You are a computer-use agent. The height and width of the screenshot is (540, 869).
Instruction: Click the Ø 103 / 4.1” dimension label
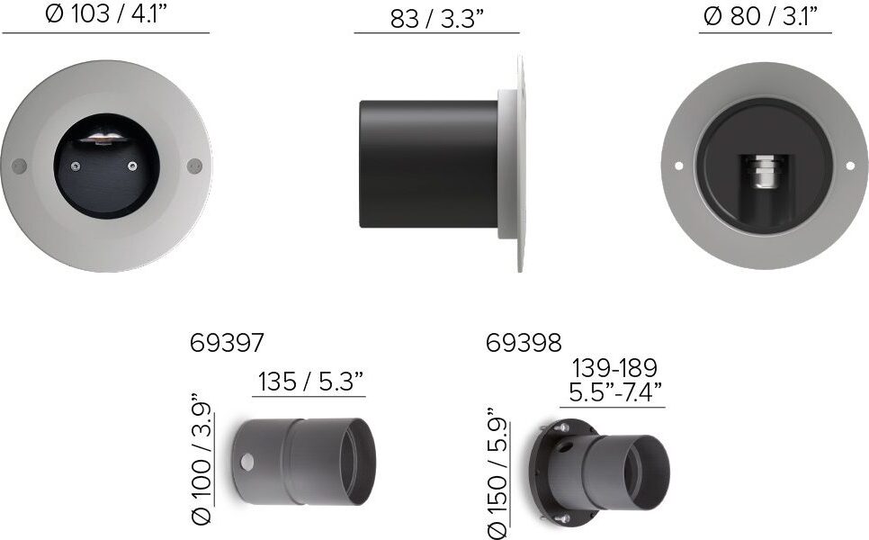(106, 14)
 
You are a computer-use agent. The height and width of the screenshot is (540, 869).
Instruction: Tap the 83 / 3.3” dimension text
(437, 19)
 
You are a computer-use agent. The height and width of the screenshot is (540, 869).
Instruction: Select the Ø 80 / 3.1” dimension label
(765, 16)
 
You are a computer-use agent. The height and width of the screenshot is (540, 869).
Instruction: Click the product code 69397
(227, 343)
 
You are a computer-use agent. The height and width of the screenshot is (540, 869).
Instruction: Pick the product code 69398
(524, 343)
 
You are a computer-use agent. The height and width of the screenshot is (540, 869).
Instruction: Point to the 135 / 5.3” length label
(310, 382)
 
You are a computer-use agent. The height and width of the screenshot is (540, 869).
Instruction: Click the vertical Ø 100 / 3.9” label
(202, 459)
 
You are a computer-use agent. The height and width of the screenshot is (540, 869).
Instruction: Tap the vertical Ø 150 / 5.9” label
(497, 472)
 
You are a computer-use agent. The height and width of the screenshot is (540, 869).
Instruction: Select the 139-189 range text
(614, 367)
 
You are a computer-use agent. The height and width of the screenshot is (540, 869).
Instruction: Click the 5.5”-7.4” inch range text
(615, 392)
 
